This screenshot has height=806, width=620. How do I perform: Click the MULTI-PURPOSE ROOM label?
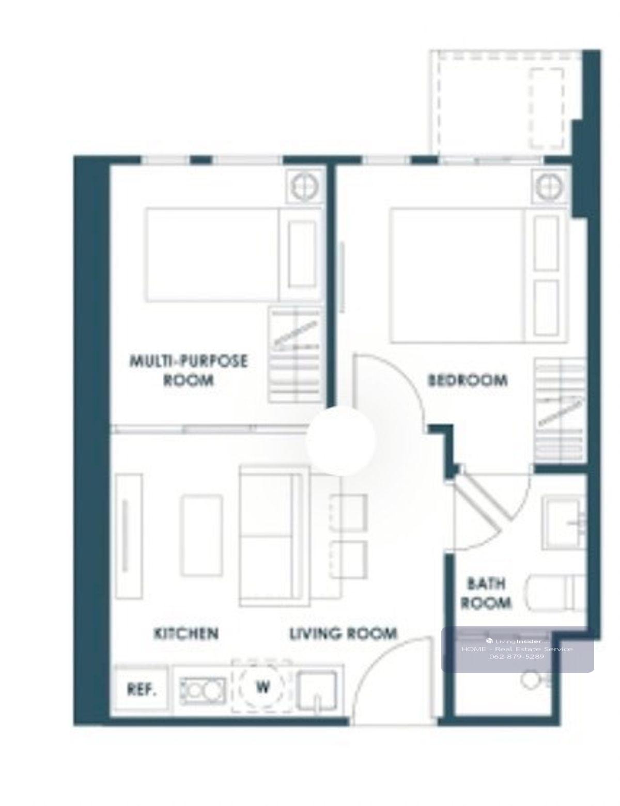[188, 370]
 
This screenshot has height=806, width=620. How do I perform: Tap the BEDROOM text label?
[468, 381]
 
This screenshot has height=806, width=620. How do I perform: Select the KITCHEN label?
[187, 633]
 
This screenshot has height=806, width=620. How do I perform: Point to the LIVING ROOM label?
[343, 633]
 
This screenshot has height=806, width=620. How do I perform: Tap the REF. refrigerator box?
[142, 689]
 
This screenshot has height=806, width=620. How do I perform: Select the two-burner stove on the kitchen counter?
[203, 691]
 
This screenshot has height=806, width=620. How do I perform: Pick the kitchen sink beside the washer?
[317, 691]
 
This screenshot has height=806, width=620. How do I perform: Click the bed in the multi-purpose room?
[233, 255]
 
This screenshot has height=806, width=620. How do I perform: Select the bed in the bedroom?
[478, 275]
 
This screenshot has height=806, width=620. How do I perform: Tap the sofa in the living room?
[274, 536]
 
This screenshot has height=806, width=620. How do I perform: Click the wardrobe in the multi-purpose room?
[296, 355]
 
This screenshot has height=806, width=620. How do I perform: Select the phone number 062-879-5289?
[517, 657]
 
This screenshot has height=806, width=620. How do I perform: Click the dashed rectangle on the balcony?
[547, 108]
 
